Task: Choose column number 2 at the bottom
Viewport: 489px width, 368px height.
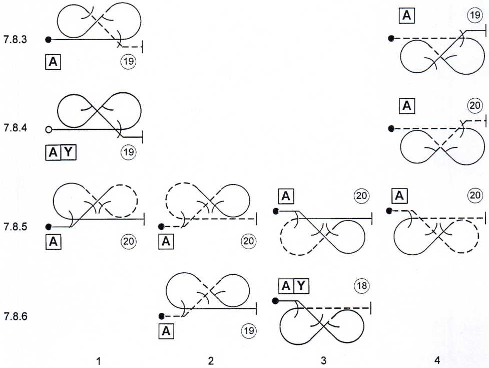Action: click(x=211, y=360)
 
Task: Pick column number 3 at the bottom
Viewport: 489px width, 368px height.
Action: click(x=323, y=360)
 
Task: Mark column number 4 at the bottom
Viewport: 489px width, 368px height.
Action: click(x=438, y=360)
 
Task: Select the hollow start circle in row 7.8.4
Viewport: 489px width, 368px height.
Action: click(x=49, y=129)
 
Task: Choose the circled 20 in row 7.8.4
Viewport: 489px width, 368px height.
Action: click(x=474, y=106)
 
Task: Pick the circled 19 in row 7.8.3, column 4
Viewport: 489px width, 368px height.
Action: click(x=474, y=17)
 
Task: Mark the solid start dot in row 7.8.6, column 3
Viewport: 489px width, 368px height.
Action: click(x=275, y=301)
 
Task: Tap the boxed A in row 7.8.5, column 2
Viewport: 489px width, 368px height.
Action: click(x=166, y=241)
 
